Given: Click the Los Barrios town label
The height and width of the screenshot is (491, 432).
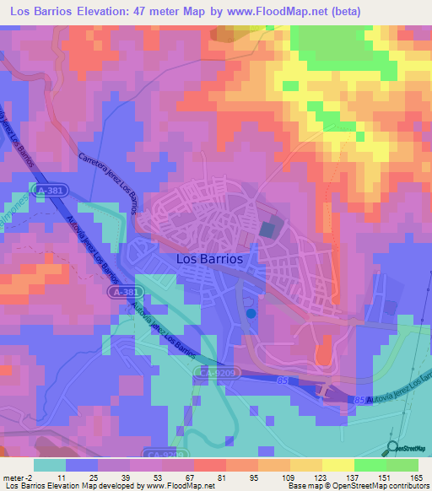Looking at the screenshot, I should (x=210, y=260).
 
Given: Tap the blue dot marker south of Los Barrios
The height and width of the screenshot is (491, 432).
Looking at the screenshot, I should (x=251, y=313).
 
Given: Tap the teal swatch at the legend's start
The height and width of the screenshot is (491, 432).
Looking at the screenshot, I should (x=51, y=465).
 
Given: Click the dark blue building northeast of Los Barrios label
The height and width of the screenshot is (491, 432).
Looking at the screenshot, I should (x=267, y=229).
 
